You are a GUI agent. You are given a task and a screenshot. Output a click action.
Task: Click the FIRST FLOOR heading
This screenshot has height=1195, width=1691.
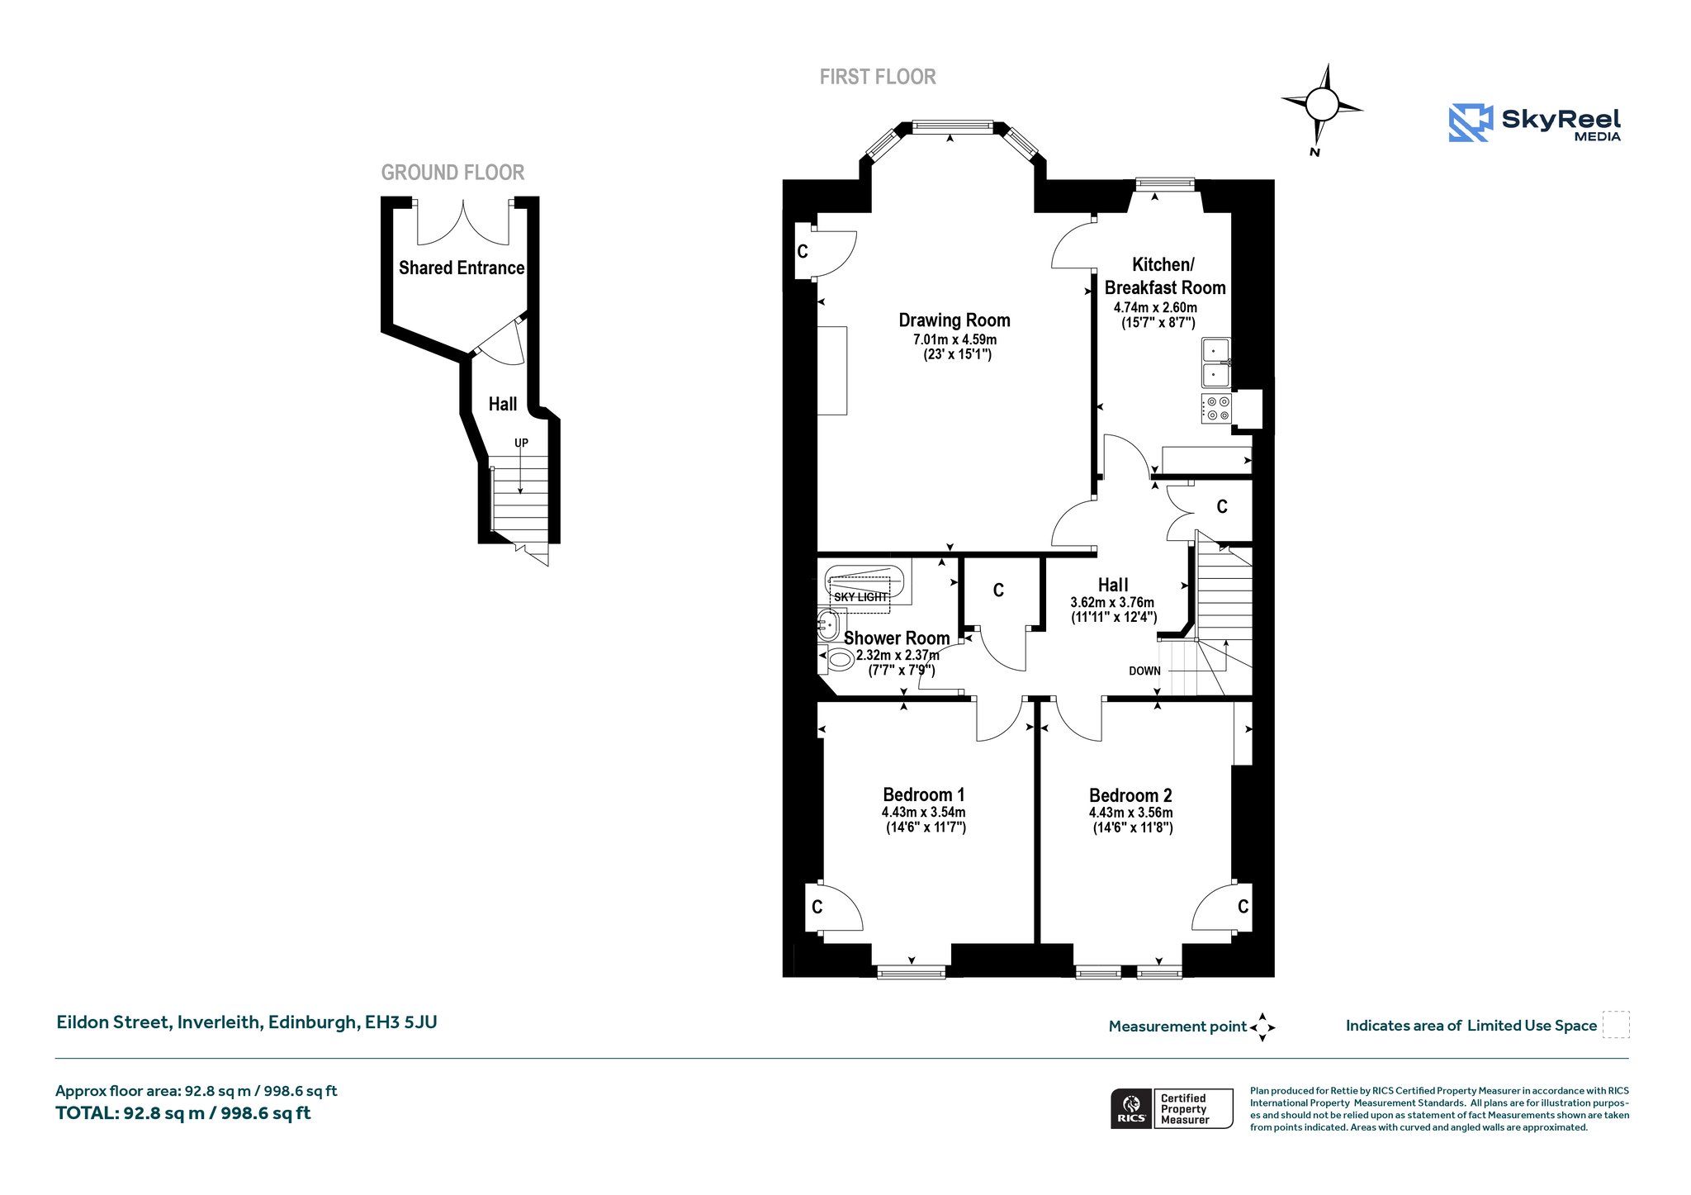coord(878,77)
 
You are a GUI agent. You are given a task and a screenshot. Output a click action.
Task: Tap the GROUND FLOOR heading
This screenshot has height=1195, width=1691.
coord(452,173)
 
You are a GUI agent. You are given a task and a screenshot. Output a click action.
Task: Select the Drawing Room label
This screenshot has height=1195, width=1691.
coord(954,320)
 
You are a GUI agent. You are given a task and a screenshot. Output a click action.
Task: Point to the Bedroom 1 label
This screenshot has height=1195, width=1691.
coord(924,794)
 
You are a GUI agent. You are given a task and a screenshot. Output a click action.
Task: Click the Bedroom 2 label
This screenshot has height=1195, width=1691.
coord(1130,795)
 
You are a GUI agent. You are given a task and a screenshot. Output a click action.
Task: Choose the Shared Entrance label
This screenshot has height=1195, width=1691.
coord(462,268)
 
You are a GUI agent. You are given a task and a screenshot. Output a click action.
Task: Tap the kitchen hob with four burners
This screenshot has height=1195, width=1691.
coord(1216,408)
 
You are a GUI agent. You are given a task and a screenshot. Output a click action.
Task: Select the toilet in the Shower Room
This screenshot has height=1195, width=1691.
coord(837,659)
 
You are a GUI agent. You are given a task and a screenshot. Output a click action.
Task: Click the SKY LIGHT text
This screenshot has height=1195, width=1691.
coord(860,597)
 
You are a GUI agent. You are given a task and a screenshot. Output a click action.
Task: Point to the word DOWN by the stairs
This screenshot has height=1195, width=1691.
coord(1144,671)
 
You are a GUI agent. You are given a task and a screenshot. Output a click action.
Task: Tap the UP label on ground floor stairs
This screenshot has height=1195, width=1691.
coord(521,443)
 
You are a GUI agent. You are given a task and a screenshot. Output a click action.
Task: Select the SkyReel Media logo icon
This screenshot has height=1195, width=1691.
coord(1471,123)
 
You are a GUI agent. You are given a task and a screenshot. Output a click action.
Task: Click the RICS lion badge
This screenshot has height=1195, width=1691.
coord(1131,1108)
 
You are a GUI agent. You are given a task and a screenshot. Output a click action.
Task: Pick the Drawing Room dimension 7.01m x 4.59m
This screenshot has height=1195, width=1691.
coord(954,339)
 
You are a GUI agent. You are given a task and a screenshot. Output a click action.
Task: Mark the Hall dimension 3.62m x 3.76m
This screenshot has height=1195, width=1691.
coord(1112,603)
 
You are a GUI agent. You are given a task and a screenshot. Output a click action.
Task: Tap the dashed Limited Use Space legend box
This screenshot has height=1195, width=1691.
coord(1616,1025)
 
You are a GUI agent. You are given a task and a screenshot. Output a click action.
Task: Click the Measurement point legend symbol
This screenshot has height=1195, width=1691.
coord(1262,1027)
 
